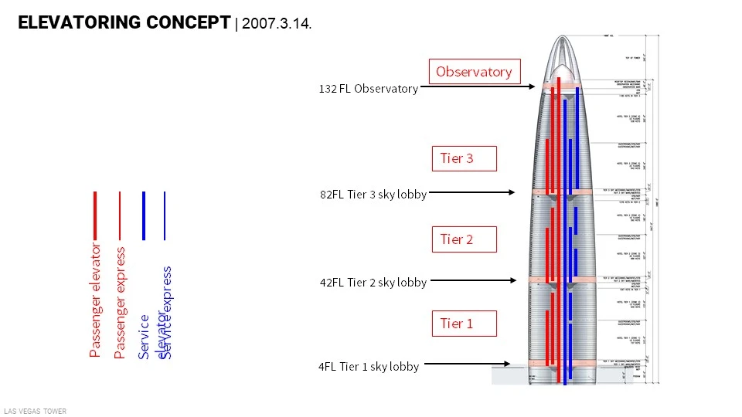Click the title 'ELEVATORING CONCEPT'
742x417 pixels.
(x=124, y=22)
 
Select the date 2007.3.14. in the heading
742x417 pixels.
(x=277, y=24)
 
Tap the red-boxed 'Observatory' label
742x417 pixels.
(x=474, y=72)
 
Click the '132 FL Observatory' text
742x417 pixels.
(x=368, y=89)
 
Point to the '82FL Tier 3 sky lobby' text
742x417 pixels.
(x=373, y=195)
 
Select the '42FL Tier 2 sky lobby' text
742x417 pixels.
(x=373, y=283)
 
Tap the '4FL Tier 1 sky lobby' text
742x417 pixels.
(x=369, y=367)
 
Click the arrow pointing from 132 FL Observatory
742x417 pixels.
(x=478, y=87)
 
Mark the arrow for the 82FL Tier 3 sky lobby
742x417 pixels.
(x=472, y=192)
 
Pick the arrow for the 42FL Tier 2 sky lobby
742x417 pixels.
(x=472, y=280)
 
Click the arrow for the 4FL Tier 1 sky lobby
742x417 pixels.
(x=468, y=364)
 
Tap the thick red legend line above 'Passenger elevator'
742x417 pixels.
(x=95, y=215)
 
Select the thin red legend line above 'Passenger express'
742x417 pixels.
(x=119, y=215)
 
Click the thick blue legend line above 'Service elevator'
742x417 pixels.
(x=144, y=215)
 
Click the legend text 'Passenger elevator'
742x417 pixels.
(x=95, y=300)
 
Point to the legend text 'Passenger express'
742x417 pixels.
(x=120, y=303)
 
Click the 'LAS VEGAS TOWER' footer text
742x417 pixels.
(x=35, y=412)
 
